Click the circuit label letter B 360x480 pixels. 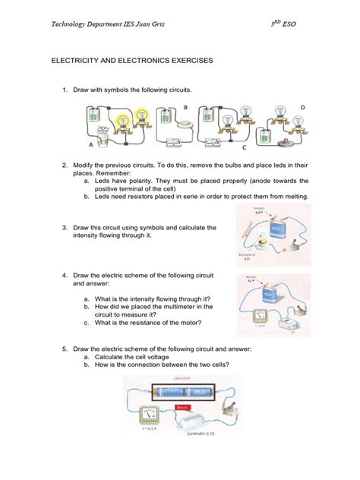click(185, 109)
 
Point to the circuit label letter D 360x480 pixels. click(304, 109)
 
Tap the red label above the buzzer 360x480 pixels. click(186, 407)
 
